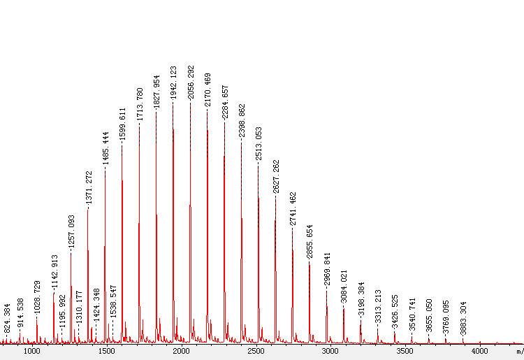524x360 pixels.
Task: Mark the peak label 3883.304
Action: tap(464, 319)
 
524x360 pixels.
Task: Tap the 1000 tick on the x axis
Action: tap(31, 351)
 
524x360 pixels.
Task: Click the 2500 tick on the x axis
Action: tap(256, 351)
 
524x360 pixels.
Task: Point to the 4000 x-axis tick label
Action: tap(479, 351)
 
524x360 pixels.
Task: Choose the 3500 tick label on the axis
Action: tap(405, 351)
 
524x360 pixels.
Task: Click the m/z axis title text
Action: tap(518, 351)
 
